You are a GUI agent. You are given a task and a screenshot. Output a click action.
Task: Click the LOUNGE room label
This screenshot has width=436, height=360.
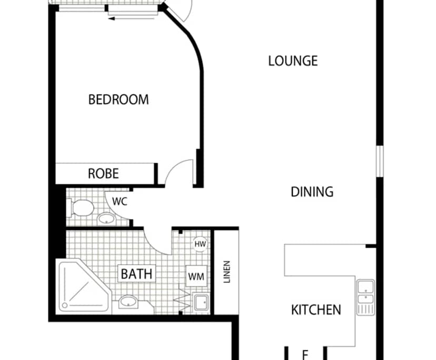(x=293, y=61)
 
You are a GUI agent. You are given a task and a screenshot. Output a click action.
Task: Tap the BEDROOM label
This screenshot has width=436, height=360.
(x=118, y=99)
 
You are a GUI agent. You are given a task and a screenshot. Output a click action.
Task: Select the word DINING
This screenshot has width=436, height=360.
(x=312, y=192)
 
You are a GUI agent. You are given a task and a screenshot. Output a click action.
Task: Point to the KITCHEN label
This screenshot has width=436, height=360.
(x=316, y=309)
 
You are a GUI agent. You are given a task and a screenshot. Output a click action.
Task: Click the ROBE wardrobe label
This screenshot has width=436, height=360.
(x=103, y=173)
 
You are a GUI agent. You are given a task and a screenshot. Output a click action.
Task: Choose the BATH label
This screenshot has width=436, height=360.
(x=136, y=274)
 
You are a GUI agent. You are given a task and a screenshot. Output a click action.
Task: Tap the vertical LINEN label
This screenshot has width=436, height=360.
(x=227, y=272)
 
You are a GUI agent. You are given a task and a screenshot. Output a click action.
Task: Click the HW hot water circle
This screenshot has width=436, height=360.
(x=200, y=244)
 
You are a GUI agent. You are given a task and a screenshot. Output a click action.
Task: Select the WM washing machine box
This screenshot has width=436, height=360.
(x=196, y=276)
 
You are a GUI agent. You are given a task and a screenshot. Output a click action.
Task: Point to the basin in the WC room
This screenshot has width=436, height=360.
(x=107, y=218)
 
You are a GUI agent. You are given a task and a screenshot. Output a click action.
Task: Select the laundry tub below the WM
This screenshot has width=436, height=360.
(x=200, y=302)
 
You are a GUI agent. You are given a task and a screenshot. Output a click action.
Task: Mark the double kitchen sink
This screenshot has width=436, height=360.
(x=365, y=297)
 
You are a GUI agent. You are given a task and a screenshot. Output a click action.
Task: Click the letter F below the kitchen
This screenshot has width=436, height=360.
(x=304, y=354)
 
